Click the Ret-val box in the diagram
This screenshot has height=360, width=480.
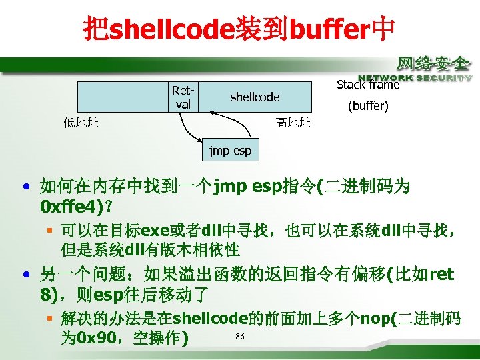[x=181, y=97]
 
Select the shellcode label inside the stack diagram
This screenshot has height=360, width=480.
[x=255, y=97]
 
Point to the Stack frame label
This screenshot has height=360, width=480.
[x=367, y=85]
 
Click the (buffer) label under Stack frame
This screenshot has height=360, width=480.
[x=368, y=106]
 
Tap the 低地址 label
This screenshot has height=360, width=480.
[x=81, y=123]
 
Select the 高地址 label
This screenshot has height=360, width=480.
[x=293, y=123]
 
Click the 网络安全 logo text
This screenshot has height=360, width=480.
[x=434, y=64]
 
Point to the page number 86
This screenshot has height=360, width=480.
[x=239, y=336]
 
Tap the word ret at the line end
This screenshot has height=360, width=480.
[x=442, y=274]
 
